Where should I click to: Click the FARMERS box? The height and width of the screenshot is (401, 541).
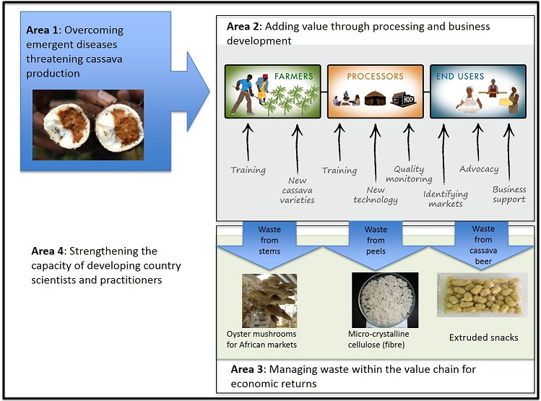click(272, 92)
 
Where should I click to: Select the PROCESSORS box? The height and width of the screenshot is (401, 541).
click(375, 92)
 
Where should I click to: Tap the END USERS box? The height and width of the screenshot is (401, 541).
click(478, 92)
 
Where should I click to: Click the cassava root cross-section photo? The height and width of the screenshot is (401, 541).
click(88, 125)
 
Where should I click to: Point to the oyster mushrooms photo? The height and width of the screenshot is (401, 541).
click(269, 301)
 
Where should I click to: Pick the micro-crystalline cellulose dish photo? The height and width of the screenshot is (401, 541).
click(385, 300)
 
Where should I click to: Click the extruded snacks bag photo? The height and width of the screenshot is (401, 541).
click(482, 295)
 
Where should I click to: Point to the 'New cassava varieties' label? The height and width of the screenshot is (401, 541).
click(297, 190)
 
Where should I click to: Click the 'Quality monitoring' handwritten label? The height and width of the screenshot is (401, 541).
click(409, 174)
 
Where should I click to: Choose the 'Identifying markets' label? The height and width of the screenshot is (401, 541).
click(446, 199)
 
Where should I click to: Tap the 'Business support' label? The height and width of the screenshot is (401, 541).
click(509, 194)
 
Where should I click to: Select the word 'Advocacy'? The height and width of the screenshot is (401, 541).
click(479, 169)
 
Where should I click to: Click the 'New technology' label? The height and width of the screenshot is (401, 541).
click(376, 195)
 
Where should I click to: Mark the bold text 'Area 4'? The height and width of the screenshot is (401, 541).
click(48, 251)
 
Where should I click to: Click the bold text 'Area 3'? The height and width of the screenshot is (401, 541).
click(247, 369)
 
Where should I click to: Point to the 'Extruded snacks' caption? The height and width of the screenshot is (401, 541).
click(483, 337)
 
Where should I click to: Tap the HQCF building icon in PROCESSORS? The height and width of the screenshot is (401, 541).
click(403, 99)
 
